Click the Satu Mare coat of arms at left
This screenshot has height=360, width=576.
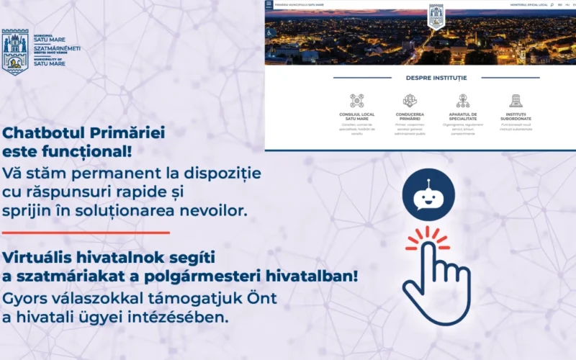tap(14, 52)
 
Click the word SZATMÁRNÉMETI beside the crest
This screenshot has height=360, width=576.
tap(57, 48)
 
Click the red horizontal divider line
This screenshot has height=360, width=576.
tap(86, 233)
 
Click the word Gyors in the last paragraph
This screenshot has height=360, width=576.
tap(25, 297)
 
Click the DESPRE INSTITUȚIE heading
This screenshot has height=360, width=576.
tap(436, 78)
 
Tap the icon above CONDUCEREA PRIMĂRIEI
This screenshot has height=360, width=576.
tap(410, 101)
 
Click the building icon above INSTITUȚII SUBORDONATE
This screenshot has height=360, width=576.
tap(516, 101)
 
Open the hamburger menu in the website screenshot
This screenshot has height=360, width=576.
tap(269, 4)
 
